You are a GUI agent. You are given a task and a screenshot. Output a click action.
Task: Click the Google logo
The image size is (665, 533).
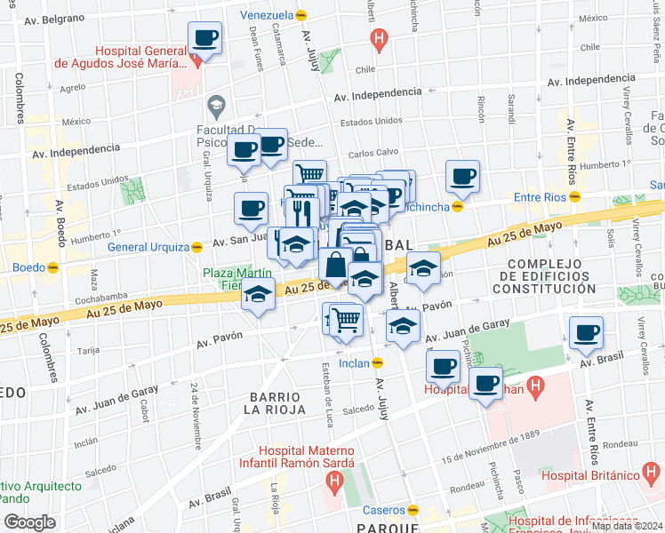29,522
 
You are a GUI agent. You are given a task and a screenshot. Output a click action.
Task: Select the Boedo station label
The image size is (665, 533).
27,266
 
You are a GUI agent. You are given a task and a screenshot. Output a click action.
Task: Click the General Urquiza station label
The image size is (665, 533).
148,247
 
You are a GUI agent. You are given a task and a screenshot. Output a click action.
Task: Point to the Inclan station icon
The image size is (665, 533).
377,362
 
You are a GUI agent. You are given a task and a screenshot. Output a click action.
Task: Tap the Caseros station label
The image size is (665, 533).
384,510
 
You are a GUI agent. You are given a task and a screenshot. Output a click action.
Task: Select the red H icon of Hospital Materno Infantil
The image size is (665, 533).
333,484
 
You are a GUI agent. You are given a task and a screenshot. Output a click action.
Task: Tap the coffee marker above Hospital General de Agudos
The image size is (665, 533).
205,39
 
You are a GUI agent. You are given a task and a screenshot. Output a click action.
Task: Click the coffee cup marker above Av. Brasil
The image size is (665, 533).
585,333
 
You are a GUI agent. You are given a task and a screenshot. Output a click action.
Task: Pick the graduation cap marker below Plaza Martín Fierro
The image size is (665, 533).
259,296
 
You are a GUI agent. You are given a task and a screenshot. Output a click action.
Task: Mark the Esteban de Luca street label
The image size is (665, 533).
326,391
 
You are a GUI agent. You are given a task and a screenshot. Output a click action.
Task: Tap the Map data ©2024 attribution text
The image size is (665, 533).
627,526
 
